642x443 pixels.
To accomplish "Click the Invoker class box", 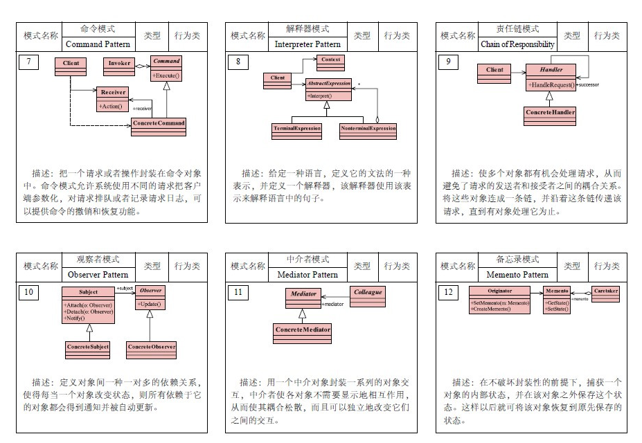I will pyautogui.click(x=119, y=66).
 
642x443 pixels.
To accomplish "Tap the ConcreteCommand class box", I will pyautogui.click(x=159, y=126).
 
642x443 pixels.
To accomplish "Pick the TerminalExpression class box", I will pyautogui.click(x=296, y=131).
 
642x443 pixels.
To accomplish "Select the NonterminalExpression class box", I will pyautogui.click(x=368, y=131).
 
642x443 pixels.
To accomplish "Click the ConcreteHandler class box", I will pyautogui.click(x=550, y=115).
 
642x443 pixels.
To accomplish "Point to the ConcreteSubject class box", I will pyautogui.click(x=88, y=350).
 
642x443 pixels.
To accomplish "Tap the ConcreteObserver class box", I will pyautogui.click(x=151, y=350).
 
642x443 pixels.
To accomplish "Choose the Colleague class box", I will pyautogui.click(x=368, y=296).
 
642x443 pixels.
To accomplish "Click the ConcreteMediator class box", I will pyautogui.click(x=303, y=333).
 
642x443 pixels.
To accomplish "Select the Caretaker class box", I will pyautogui.click(x=605, y=294).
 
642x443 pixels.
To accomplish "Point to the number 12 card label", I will pyautogui.click(x=448, y=292).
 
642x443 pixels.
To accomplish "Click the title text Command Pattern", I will pyautogui.click(x=98, y=44).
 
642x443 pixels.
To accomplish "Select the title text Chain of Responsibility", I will pyautogui.click(x=517, y=44).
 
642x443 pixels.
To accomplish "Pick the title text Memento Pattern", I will pyautogui.click(x=517, y=274).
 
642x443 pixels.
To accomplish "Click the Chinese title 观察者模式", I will pyautogui.click(x=98, y=260).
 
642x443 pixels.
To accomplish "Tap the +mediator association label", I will pyautogui.click(x=333, y=304).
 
